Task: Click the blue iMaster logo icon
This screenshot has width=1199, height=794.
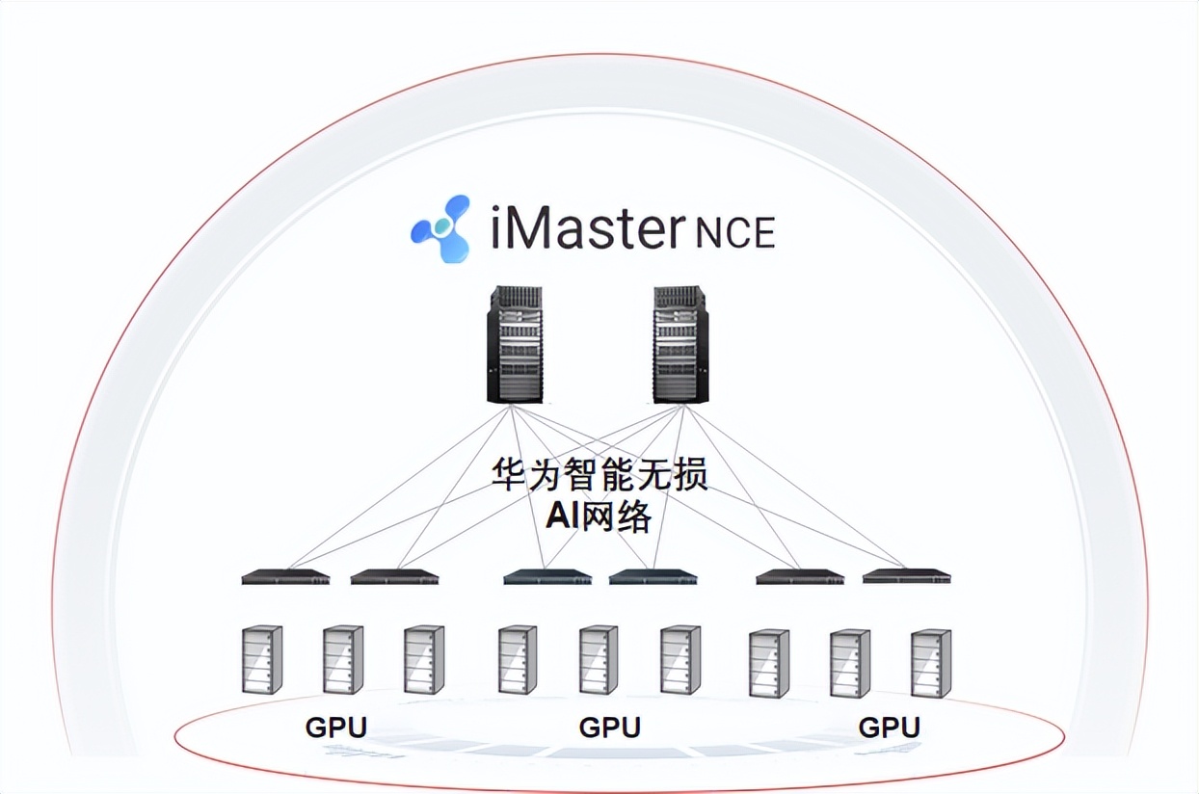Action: [x=440, y=228]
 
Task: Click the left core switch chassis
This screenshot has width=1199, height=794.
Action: [x=514, y=343]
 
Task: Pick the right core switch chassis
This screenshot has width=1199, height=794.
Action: [x=680, y=343]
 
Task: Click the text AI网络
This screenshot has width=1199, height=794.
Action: [x=599, y=517]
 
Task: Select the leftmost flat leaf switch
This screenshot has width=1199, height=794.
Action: [x=285, y=577]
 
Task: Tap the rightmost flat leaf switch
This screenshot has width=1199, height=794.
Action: [x=906, y=576]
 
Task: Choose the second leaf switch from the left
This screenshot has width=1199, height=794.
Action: [x=394, y=577]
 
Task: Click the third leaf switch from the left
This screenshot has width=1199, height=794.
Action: [x=547, y=577]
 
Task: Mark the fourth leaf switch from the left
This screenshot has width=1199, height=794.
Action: [x=653, y=577]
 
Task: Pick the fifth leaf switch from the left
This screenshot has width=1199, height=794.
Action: [x=800, y=577]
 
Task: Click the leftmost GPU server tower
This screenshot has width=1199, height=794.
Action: [x=262, y=660]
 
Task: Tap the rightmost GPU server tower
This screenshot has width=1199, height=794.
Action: [x=931, y=664]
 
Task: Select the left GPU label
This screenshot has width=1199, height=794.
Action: [x=335, y=727]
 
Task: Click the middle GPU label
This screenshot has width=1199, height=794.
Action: [x=609, y=727]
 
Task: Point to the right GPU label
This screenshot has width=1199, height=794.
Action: [x=889, y=727]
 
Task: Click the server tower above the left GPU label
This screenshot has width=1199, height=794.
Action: [x=343, y=660]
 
